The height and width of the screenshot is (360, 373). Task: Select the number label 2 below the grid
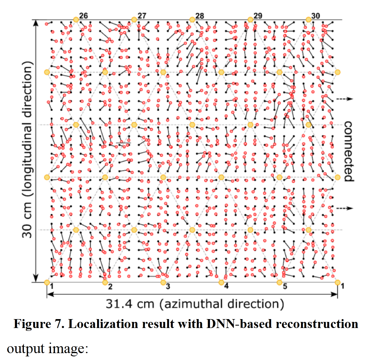point(110,286)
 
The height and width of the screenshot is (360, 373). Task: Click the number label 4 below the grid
point(226,286)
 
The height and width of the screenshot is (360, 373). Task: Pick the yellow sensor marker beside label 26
point(76,19)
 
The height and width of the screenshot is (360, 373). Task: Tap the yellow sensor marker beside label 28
point(192,19)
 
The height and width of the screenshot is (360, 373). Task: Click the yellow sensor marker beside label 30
point(308,19)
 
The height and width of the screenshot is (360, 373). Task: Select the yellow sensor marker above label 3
point(163,282)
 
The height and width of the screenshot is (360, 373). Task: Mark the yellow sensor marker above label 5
point(279,282)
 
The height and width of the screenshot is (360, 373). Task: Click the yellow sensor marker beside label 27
point(134,19)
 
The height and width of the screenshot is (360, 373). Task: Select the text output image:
point(47,348)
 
